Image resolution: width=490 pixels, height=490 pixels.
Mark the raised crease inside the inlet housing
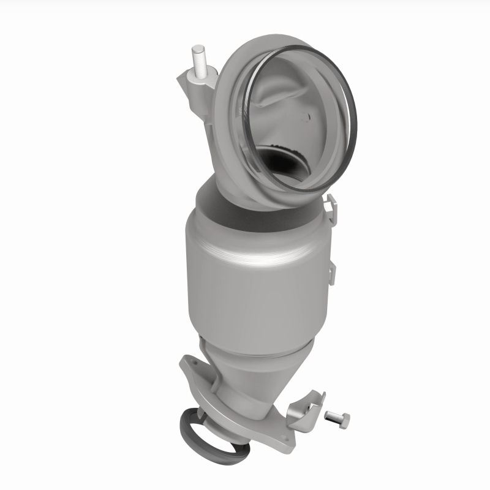pyautogui.click(x=269, y=104)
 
